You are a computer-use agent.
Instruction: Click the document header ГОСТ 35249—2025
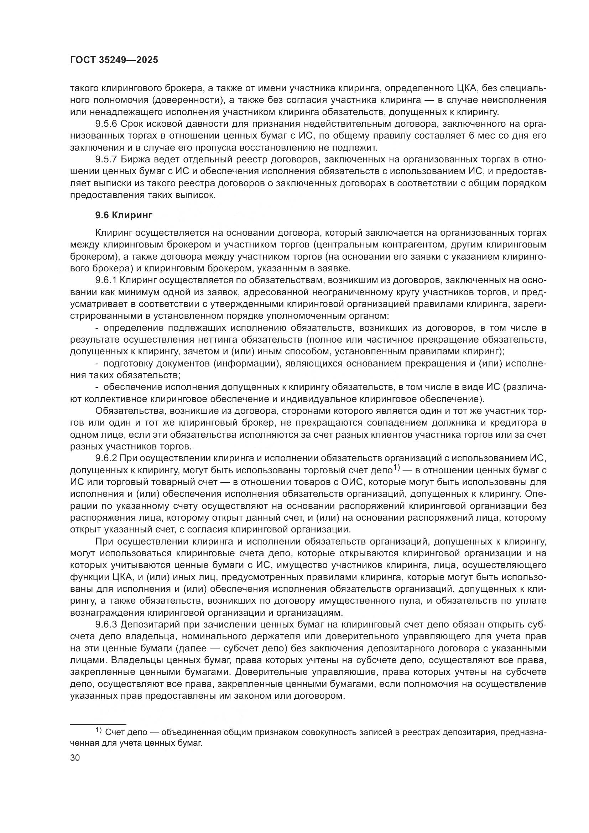[114, 60]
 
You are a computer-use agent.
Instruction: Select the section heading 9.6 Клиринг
[124, 215]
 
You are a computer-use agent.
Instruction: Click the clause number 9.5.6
[106, 124]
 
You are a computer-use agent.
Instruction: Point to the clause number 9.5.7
[106, 160]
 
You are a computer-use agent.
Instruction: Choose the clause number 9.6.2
[106, 459]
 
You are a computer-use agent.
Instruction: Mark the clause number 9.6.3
[106, 625]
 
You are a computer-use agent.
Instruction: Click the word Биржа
[133, 160]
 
